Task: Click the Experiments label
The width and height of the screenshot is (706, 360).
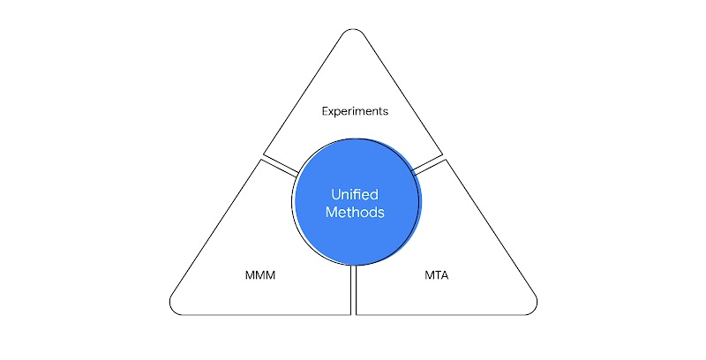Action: (355, 112)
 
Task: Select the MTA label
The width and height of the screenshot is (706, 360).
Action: (435, 276)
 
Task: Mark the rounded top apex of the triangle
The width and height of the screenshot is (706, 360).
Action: (353, 33)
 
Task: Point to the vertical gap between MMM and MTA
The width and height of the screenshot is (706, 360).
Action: (353, 291)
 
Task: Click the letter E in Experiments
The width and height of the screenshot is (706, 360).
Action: (325, 112)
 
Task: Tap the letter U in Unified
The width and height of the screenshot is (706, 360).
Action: (334, 194)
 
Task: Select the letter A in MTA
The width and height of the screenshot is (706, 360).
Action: (444, 276)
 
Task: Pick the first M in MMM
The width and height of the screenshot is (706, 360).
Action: (249, 276)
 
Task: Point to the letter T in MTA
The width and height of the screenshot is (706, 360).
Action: (436, 276)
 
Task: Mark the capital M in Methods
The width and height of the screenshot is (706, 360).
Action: (331, 213)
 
